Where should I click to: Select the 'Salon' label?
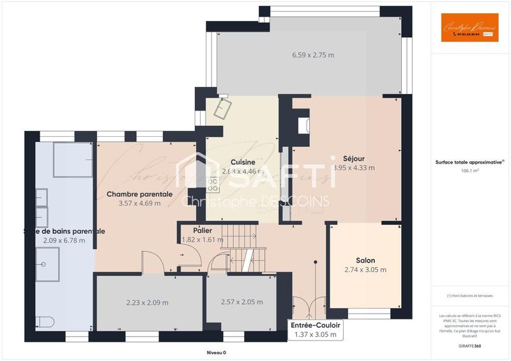point(365,260)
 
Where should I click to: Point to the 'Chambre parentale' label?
point(139,194)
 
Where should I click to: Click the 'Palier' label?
point(202,230)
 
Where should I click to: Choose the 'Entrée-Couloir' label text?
point(315,325)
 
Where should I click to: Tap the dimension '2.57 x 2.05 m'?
point(241,302)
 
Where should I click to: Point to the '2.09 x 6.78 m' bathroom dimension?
point(63,240)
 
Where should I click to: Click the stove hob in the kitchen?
point(213,185)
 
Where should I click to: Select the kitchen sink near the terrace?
point(225,109)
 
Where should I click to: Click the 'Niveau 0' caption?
point(216,352)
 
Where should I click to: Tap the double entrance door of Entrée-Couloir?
point(303,307)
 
